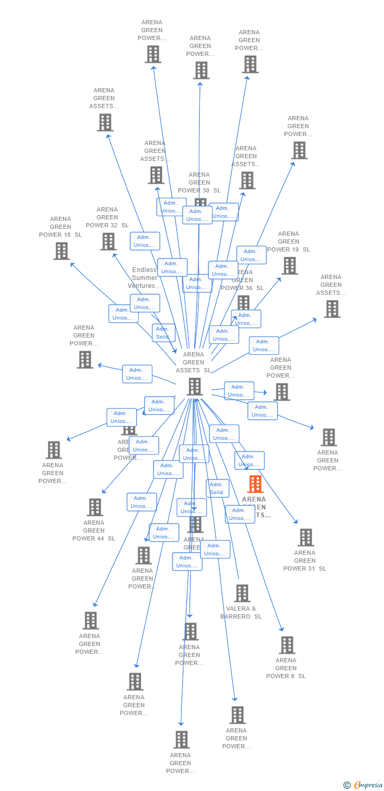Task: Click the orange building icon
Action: point(255,484)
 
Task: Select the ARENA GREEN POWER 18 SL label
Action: point(60,227)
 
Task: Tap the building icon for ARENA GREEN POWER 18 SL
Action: point(62,251)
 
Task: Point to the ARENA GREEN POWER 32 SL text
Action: point(107,217)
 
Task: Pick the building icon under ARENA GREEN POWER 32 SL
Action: point(108,242)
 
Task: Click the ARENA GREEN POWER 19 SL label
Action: point(289,242)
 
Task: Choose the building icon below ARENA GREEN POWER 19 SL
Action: point(290,266)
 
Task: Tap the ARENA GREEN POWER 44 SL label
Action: point(94,530)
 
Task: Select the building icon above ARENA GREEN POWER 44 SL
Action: point(95,507)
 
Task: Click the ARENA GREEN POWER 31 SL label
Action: point(305,561)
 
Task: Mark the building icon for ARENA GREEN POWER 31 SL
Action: point(306,537)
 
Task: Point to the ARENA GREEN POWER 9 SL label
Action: point(286,668)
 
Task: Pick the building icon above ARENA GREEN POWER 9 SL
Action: point(287,645)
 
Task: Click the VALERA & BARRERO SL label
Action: point(241,612)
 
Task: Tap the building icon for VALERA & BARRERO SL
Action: point(242,593)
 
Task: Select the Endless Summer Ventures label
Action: point(145,278)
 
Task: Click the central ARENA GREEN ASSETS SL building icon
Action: point(195,387)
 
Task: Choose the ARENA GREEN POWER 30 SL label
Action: point(199,182)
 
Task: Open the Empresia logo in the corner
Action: point(368,785)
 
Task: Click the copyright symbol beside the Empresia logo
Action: point(347,785)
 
